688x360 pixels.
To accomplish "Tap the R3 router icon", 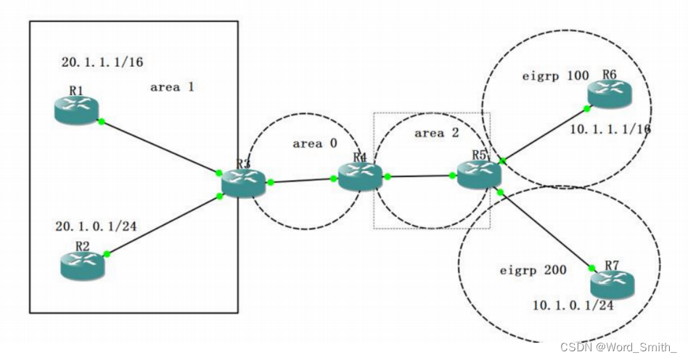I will click(244, 183).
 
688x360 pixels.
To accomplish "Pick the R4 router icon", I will click(359, 175).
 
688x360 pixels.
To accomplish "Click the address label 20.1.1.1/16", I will click(102, 62).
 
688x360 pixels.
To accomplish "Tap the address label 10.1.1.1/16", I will click(610, 129).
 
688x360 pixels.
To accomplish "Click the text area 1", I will click(172, 87).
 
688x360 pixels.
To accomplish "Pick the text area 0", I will click(314, 144).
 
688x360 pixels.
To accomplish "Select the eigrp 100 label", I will click(555, 75).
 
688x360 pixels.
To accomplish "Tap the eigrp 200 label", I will click(533, 271).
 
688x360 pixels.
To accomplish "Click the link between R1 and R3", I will click(160, 147).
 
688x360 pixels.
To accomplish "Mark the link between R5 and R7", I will click(544, 228).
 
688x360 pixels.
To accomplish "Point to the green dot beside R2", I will click(107, 254).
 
